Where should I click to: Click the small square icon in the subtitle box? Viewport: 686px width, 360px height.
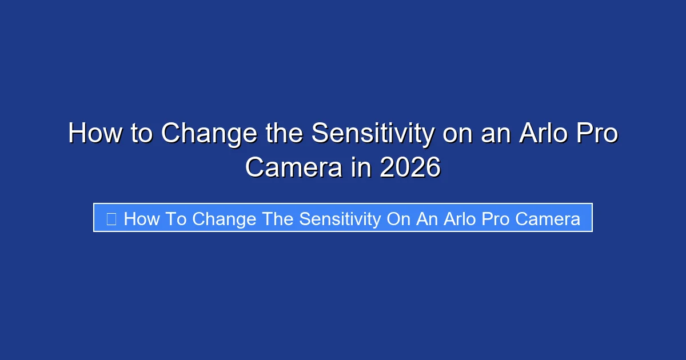111,218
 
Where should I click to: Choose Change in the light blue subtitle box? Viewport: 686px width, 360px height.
224,218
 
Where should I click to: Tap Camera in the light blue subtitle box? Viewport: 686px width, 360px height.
549,218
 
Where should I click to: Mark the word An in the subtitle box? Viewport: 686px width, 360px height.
426,218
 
